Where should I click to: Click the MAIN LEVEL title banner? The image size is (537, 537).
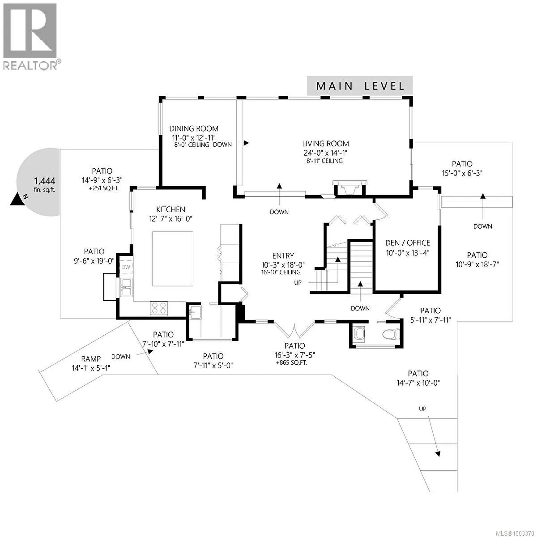[360, 85]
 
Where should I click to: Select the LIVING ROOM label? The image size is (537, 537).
[325, 144]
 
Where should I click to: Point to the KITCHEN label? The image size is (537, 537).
[170, 209]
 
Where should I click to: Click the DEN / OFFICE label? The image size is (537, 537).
[408, 243]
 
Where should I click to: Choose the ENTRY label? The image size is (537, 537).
[283, 256]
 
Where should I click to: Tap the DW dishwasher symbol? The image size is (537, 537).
[126, 267]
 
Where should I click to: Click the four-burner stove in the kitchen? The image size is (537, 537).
[159, 308]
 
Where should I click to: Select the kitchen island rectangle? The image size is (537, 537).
[173, 259]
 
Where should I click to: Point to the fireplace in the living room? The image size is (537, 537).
[350, 187]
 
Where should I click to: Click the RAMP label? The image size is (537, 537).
[91, 358]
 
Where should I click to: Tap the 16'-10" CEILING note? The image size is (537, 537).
[281, 272]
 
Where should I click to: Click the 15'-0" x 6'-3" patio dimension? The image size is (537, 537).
[462, 173]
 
